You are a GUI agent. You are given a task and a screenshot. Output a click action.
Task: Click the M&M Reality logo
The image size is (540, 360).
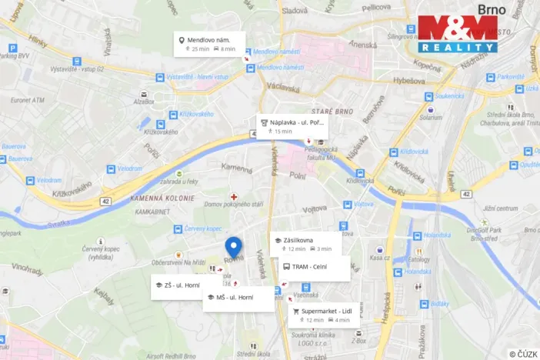pos(458,35)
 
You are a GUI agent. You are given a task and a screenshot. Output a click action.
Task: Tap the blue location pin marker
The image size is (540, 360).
pos(234,248)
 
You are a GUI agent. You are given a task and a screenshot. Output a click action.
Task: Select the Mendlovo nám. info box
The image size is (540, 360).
pos(209,43)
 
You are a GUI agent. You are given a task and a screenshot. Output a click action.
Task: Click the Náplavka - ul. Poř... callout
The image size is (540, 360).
pos(292,126)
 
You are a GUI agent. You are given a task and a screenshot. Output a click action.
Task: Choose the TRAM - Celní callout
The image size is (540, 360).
pos(315,267)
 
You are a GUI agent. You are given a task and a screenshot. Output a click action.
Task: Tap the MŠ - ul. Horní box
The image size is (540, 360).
pos(238,297)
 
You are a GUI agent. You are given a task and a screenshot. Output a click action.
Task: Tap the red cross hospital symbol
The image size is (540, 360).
pos(234,197)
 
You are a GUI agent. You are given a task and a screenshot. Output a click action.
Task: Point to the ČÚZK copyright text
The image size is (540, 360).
pos(523,354)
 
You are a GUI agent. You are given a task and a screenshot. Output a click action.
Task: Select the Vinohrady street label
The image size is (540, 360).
pos(28,269)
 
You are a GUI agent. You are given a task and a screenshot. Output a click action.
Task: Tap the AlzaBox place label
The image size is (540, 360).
pos(144,101)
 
